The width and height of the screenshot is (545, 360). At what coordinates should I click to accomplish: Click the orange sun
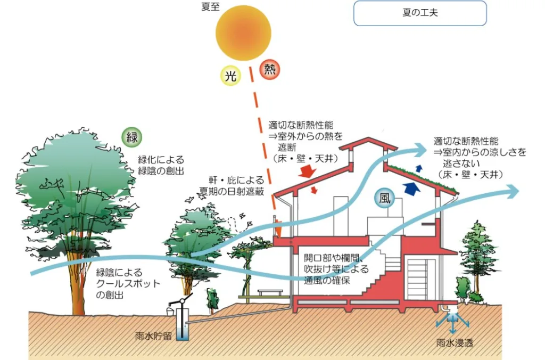(243, 33)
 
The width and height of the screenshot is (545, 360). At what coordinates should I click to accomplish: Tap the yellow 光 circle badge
(231, 76)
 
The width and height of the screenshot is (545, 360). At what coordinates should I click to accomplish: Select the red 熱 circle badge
(270, 70)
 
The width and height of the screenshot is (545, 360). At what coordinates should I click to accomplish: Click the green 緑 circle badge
(132, 137)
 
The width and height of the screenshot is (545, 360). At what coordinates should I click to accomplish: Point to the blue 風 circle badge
(384, 198)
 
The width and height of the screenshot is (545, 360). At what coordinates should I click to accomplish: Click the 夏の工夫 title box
(420, 13)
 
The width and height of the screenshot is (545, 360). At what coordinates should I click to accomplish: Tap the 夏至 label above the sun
(210, 6)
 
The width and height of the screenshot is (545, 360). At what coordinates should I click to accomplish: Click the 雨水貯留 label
(153, 337)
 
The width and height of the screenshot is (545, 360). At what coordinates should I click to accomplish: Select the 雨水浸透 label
(455, 343)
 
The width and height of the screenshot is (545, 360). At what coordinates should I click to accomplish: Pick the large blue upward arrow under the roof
(412, 188)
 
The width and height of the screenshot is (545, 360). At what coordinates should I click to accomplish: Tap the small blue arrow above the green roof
(419, 168)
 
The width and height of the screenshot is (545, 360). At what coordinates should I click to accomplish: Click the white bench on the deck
(270, 292)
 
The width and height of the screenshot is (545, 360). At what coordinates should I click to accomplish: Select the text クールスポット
(128, 284)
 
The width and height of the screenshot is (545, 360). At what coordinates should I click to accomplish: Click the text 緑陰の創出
(161, 171)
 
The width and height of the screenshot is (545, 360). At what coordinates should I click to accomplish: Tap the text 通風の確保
(327, 280)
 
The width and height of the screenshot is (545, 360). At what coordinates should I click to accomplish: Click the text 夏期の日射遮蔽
(232, 191)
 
